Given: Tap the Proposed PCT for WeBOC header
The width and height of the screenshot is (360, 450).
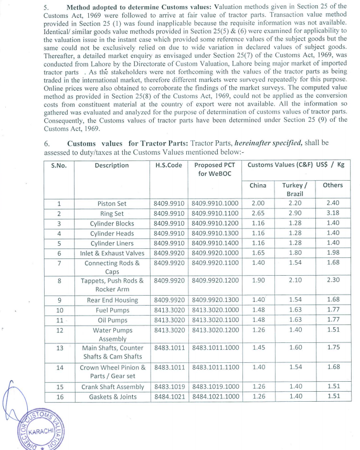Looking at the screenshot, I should (x=216, y=169).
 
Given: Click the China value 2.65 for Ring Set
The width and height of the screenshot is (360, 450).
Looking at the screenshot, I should (x=258, y=213).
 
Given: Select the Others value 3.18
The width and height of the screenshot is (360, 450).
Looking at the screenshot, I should (x=333, y=213).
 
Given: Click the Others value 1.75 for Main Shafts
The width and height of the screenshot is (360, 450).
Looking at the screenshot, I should (x=333, y=347).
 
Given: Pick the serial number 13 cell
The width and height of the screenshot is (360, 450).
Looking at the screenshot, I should (x=59, y=347).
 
